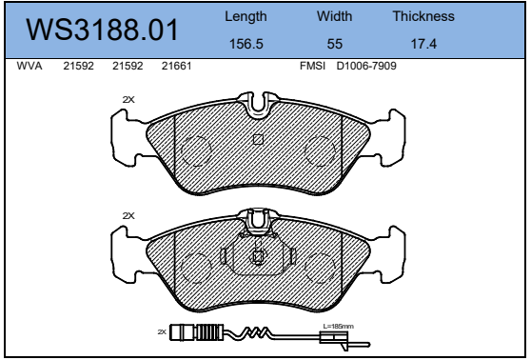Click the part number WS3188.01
pyautogui.click(x=102, y=30)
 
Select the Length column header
pyautogui.click(x=246, y=17)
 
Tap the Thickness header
pyautogui.click(x=423, y=16)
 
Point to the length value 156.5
pyautogui.click(x=246, y=44)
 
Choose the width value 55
pyautogui.click(x=335, y=44)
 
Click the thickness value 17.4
pyautogui.click(x=423, y=44)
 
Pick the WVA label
pyautogui.click(x=29, y=66)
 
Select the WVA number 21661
pyautogui.click(x=176, y=66)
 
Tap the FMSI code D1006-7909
pyautogui.click(x=366, y=66)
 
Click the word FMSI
pyautogui.click(x=312, y=66)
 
